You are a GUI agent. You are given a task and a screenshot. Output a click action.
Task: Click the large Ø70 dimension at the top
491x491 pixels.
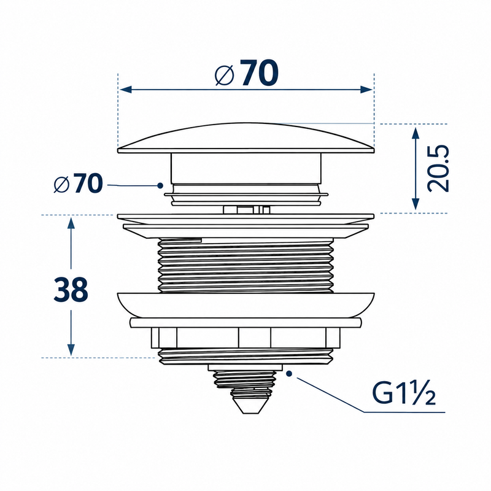(247, 72)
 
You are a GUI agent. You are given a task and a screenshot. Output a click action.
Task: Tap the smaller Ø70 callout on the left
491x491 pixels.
(78, 183)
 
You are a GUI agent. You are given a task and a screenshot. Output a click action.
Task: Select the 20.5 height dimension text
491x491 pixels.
(438, 168)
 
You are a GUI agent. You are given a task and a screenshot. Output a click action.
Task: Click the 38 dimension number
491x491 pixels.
(71, 290)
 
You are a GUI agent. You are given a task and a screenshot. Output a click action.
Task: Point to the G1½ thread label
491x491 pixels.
(404, 393)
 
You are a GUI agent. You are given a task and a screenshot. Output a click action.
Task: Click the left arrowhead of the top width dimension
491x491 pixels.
(126, 90)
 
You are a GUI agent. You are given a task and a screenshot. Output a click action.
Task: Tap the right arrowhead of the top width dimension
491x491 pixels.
(366, 90)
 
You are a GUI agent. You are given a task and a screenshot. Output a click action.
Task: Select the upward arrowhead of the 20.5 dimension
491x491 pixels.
(416, 133)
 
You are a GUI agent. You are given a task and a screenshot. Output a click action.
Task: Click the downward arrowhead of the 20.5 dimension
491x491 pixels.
(416, 204)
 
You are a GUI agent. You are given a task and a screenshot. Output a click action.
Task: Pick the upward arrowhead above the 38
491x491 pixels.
(71, 223)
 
